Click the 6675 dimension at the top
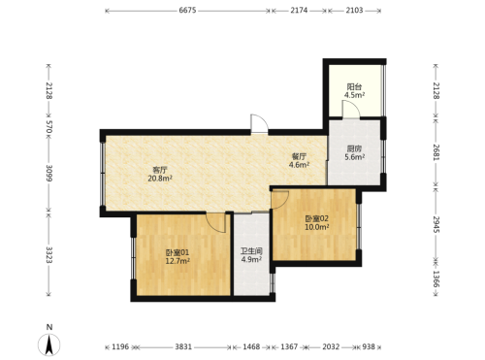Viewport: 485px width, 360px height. (x=187, y=11)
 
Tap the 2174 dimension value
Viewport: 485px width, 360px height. (x=299, y=11)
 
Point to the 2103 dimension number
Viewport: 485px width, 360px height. (x=354, y=11)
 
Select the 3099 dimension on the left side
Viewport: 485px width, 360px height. (x=49, y=174)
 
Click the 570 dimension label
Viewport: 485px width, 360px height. (x=49, y=127)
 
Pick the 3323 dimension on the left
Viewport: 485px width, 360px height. (x=49, y=255)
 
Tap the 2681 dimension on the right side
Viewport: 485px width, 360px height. (x=436, y=152)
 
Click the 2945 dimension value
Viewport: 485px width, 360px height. (x=436, y=224)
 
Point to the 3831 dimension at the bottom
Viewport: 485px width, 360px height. (x=183, y=347)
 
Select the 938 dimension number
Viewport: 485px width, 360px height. (x=369, y=347)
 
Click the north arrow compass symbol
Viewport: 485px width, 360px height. (x=49, y=344)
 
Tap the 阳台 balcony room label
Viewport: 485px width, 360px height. (x=354, y=87)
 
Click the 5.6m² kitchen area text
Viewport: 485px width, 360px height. (x=355, y=157)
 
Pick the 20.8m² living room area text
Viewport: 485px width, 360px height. (x=160, y=179)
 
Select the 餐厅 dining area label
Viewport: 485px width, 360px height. (x=299, y=157)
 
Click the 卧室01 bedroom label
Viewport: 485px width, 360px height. (x=178, y=252)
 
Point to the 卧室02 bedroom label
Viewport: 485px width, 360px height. (x=317, y=218)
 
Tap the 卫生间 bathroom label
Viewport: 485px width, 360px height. (x=251, y=251)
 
